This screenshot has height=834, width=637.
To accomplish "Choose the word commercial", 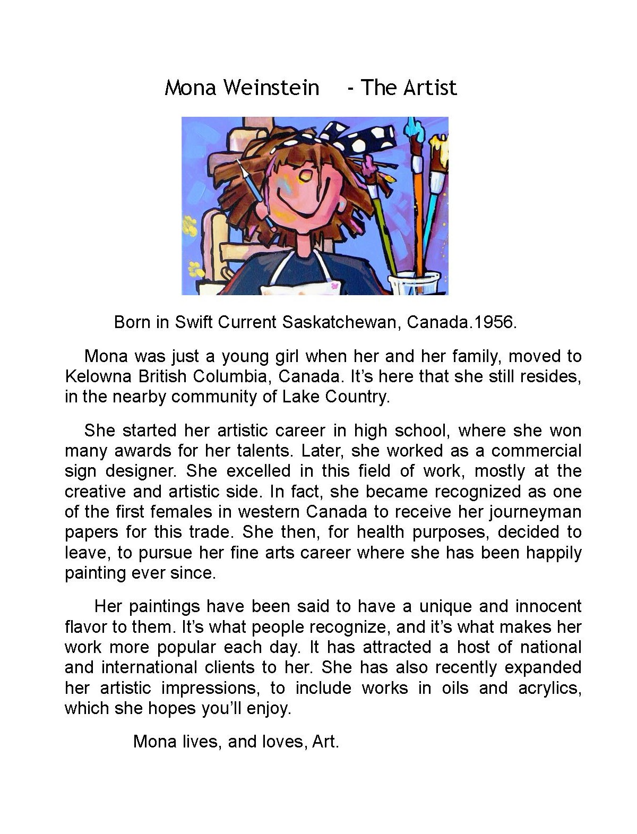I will click(x=536, y=451).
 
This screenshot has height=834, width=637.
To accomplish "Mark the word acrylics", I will click(x=549, y=688).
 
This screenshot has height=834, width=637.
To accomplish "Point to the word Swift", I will click(x=194, y=322).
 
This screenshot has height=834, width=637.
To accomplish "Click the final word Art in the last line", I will click(x=325, y=741).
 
